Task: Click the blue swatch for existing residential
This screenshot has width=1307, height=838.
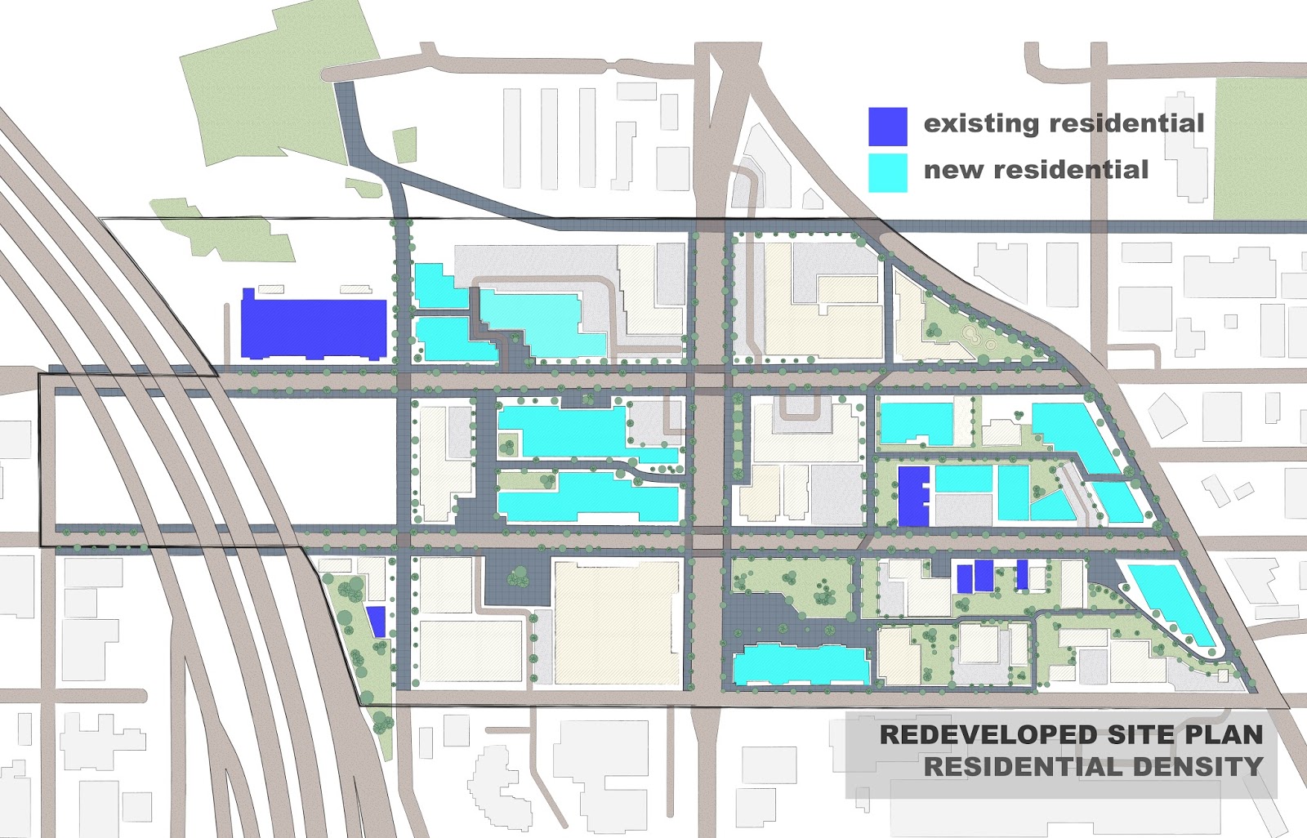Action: tap(887, 127)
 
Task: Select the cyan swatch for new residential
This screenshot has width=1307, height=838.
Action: tap(887, 173)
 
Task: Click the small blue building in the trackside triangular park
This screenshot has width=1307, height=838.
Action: tap(376, 622)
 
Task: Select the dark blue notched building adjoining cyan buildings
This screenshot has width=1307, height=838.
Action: tap(912, 496)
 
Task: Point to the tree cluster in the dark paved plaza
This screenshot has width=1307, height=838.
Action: tap(518, 578)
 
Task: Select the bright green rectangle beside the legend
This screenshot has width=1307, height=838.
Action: tap(1259, 149)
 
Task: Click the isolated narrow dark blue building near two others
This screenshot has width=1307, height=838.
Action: tap(1022, 574)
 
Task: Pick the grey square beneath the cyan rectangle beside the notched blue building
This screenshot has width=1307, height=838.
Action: tap(963, 510)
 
